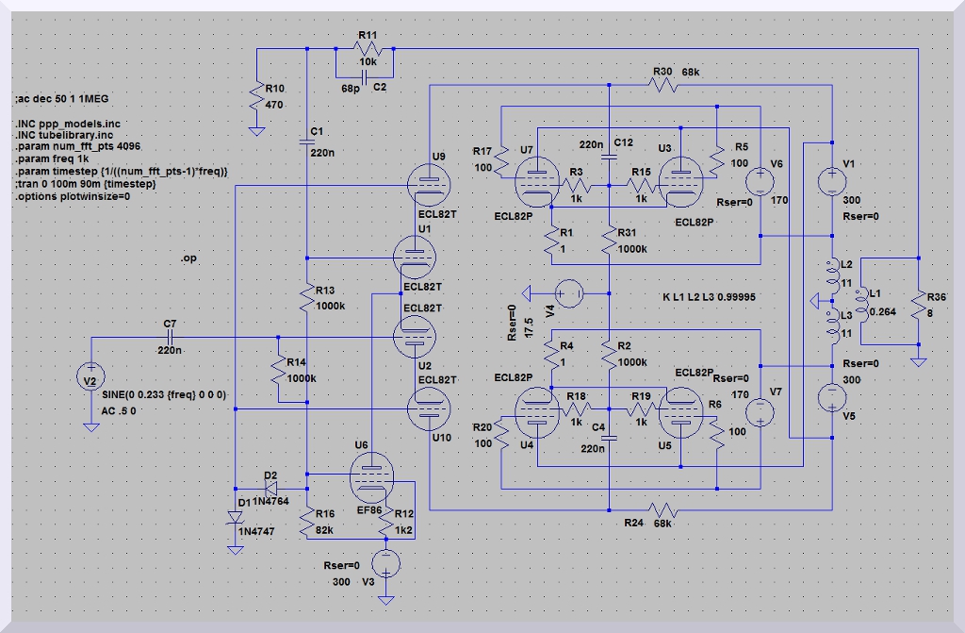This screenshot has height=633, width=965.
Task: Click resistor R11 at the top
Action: pos(367,48)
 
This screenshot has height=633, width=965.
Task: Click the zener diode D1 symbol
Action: pos(235,516)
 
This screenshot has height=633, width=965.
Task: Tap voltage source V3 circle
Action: pos(384,564)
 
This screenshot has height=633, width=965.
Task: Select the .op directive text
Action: pos(189,258)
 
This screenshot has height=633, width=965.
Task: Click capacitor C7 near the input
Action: pos(171,337)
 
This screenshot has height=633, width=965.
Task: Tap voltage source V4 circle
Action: pos(568,293)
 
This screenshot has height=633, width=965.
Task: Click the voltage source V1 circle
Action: pos(833,179)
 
